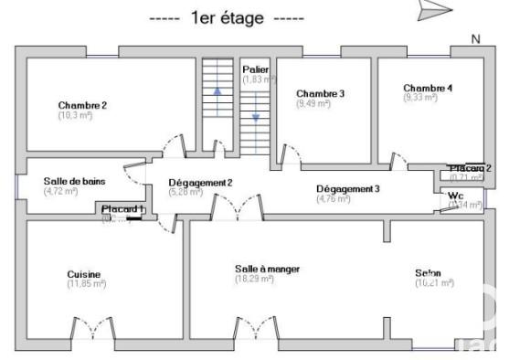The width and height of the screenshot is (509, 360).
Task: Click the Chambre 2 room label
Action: pyautogui.click(x=82, y=105)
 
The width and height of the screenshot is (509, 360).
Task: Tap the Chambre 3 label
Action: pyautogui.click(x=320, y=93)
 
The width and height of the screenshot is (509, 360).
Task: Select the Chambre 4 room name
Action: pyautogui.click(x=428, y=88)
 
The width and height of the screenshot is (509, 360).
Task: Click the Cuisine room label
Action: pyautogui.click(x=83, y=274)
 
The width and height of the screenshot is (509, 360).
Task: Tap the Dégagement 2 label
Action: pyautogui.click(x=200, y=183)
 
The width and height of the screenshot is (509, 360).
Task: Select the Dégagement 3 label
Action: pyautogui.click(x=348, y=188)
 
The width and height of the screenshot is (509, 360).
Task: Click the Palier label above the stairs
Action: pyautogui.click(x=255, y=69)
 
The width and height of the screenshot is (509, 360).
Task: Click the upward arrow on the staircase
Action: pyautogui.click(x=217, y=91)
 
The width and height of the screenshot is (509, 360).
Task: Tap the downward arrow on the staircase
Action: pyautogui.click(x=256, y=117)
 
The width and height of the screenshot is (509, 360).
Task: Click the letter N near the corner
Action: pyautogui.click(x=475, y=38)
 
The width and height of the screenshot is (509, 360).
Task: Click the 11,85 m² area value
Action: pyautogui.click(x=86, y=284)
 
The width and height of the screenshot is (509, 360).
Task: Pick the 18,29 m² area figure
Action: pyautogui.click(x=255, y=279)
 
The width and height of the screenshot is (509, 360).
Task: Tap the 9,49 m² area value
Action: pyautogui.click(x=313, y=103)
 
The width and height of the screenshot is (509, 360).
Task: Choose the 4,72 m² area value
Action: pyautogui.click(x=64, y=191)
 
